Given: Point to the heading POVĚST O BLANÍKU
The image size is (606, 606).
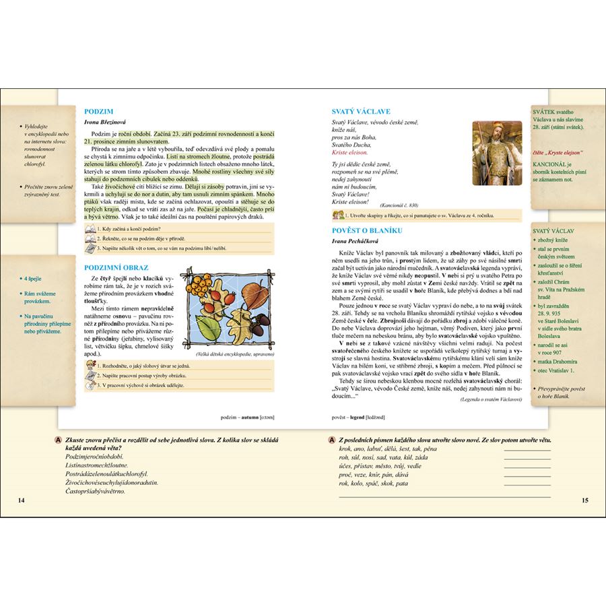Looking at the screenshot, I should pyautogui.click(x=368, y=228).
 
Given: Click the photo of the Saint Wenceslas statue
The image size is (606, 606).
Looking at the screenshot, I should pyautogui.click(x=497, y=153).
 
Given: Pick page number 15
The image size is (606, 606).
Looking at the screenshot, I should pyautogui.click(x=584, y=500).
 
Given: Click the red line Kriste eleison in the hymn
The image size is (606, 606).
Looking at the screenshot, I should pyautogui.click(x=353, y=152).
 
